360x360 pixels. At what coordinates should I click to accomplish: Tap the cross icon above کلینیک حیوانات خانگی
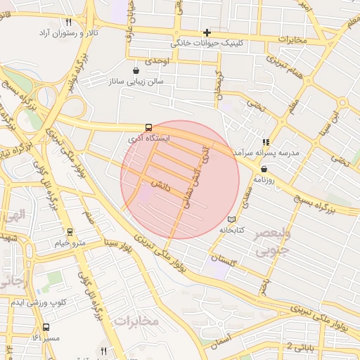(207, 32)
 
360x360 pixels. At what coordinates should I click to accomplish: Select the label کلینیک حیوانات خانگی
(207, 43)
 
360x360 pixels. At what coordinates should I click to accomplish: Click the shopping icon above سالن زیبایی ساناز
(136, 70)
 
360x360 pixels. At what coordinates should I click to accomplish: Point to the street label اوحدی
(157, 62)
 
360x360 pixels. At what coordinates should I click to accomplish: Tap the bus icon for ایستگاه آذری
(148, 128)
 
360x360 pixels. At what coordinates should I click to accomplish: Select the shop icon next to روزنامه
(264, 169)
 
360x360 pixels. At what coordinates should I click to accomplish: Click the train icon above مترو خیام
(70, 232)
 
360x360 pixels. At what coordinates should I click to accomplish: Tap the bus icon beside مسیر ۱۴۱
(46, 327)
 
